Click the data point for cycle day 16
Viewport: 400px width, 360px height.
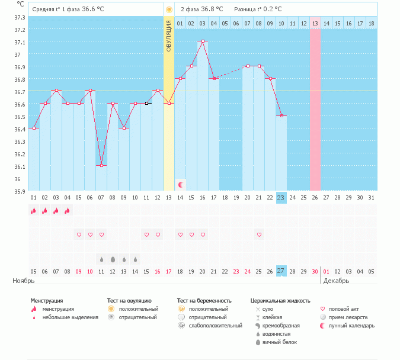(x=203, y=41)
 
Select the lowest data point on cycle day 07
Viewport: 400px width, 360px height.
(x=101, y=165)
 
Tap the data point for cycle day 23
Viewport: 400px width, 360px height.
(x=281, y=115)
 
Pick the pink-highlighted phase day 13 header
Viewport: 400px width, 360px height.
(x=315, y=23)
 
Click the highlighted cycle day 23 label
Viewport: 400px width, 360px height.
(x=281, y=198)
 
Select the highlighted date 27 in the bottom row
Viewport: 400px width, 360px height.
(x=281, y=271)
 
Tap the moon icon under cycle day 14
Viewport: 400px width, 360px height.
(x=181, y=185)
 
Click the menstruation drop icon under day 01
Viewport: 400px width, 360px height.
(x=33, y=210)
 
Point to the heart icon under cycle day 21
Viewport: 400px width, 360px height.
(x=259, y=235)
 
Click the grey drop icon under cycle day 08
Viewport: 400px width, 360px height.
(x=113, y=259)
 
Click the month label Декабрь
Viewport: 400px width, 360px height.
(x=336, y=281)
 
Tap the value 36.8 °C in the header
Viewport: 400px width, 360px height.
(x=211, y=9)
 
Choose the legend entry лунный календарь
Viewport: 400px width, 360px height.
(x=348, y=326)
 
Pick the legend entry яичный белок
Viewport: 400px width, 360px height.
(x=279, y=342)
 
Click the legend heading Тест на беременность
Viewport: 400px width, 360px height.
(x=204, y=301)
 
